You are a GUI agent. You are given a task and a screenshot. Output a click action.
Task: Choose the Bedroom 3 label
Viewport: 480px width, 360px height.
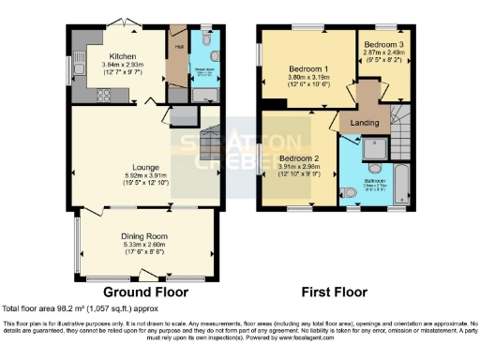coord(382,44)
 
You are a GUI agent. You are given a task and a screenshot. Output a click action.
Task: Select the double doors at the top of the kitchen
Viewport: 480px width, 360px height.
coord(130,30)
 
